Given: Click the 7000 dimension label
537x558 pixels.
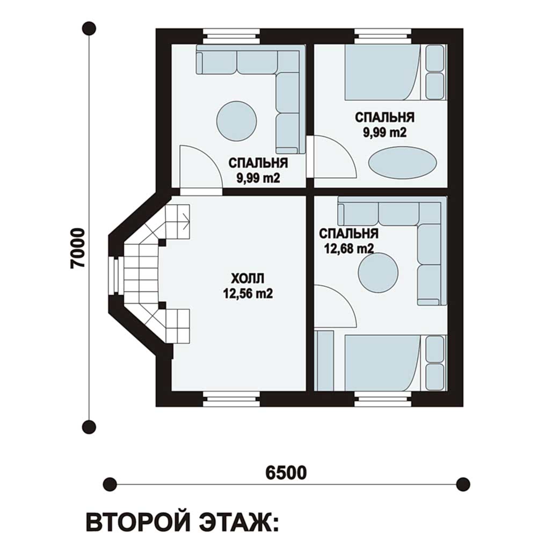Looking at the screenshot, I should click(77, 248).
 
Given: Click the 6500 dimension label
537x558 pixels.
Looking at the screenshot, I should click(286, 472).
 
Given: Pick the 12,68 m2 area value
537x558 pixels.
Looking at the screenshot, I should click(349, 248).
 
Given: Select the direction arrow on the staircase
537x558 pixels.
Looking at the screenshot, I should click(185, 220).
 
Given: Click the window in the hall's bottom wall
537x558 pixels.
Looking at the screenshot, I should click(231, 399).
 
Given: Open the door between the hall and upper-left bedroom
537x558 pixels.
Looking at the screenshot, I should click(200, 169).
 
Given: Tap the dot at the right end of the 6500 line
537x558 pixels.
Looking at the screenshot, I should click(463, 484).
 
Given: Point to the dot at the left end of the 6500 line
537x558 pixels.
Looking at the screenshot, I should click(110, 484).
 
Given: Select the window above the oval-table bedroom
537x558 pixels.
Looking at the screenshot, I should click(382, 37).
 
